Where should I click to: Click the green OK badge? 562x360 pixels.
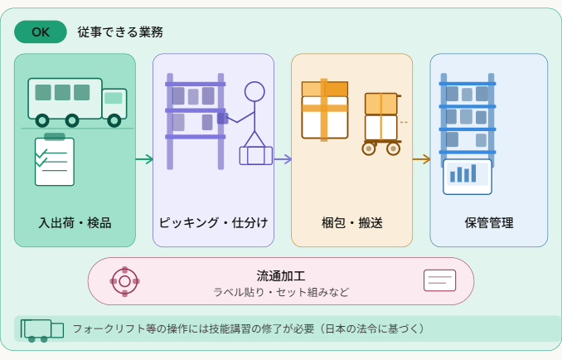(x=41, y=32)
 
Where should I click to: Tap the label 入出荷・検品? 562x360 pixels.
(x=75, y=222)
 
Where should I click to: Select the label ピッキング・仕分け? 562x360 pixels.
(x=213, y=222)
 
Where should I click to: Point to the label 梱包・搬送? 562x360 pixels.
(x=351, y=222)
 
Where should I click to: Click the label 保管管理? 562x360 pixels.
(x=489, y=222)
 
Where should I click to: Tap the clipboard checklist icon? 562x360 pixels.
(x=55, y=160)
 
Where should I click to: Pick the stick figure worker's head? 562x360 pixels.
(x=254, y=90)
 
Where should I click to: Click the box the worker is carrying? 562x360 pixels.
(x=255, y=155)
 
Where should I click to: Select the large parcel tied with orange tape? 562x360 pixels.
(x=324, y=109)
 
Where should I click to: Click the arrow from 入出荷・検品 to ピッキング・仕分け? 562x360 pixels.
(x=144, y=159)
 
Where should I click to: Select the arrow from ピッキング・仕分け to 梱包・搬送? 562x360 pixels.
(x=283, y=159)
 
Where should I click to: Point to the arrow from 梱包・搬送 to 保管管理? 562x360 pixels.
(x=421, y=159)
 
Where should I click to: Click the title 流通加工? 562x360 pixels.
(x=281, y=275)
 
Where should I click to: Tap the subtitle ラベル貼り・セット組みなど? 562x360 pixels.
(x=281, y=292)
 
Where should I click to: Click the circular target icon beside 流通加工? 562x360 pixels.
(x=124, y=281)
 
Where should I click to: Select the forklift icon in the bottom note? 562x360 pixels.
(x=41, y=330)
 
